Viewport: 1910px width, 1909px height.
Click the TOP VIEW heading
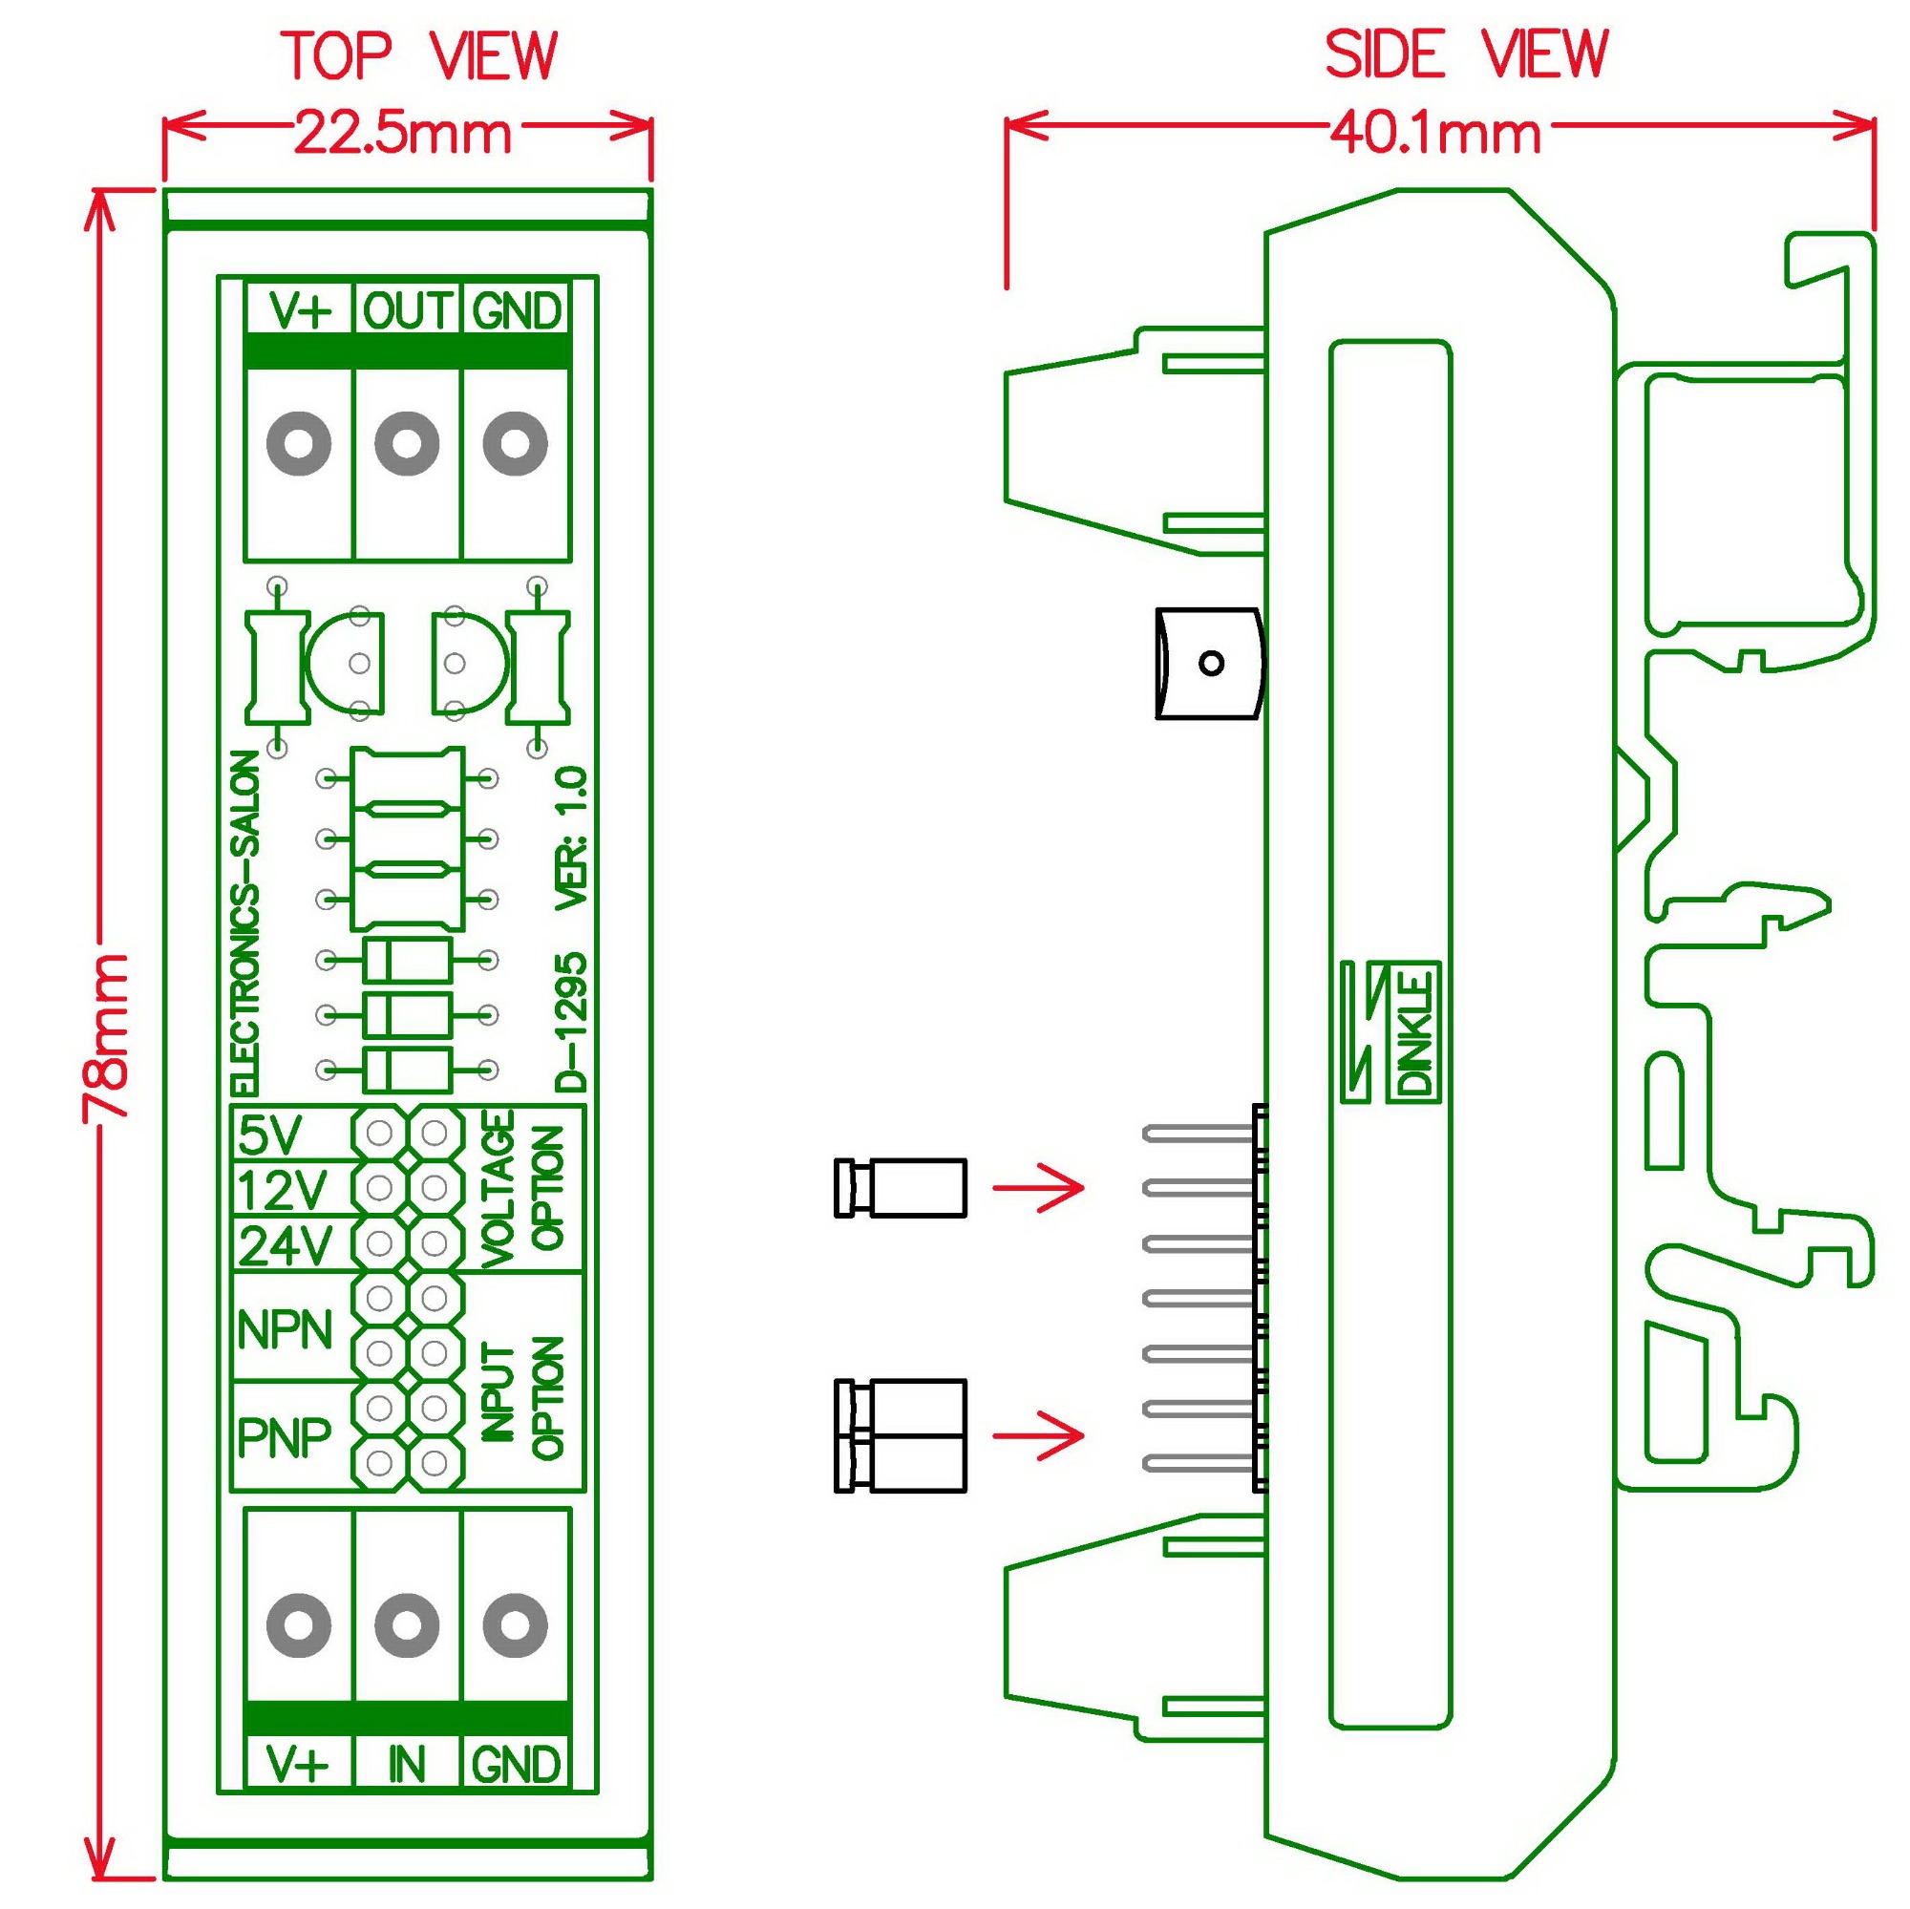[420, 56]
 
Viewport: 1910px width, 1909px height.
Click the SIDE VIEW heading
[1466, 54]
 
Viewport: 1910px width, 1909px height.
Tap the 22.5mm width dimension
[402, 134]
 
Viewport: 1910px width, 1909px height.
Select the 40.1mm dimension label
[1434, 134]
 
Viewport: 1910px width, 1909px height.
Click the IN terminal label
[406, 1765]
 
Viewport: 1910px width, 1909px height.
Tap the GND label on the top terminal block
[516, 311]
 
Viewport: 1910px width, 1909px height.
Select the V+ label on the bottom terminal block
[298, 1765]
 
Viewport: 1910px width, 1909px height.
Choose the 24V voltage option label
[285, 1245]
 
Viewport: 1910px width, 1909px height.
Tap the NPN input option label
[285, 1330]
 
